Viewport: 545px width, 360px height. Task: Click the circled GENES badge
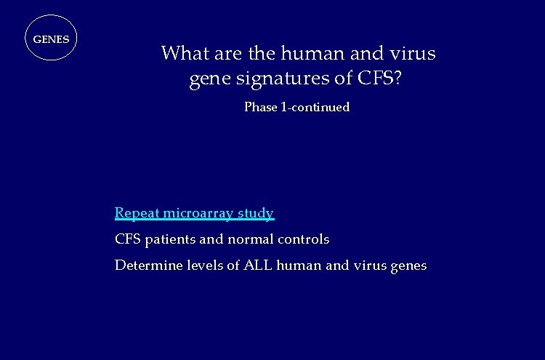point(51,39)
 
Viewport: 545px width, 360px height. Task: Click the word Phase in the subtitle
point(261,107)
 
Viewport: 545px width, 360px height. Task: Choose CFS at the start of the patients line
point(127,239)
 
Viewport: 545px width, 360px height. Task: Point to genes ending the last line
point(408,266)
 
